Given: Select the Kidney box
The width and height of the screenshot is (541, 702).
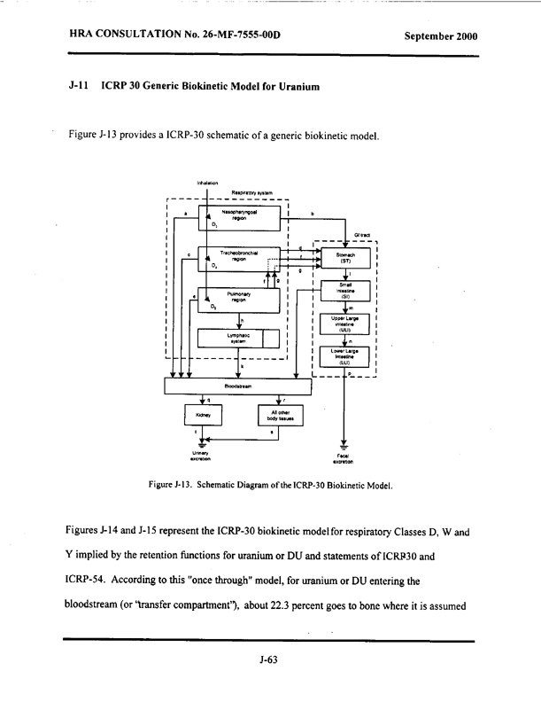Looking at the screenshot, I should [x=203, y=414].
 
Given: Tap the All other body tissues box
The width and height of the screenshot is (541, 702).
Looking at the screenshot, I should [x=279, y=414].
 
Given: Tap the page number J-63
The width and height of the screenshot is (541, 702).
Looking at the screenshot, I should [x=270, y=659].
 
